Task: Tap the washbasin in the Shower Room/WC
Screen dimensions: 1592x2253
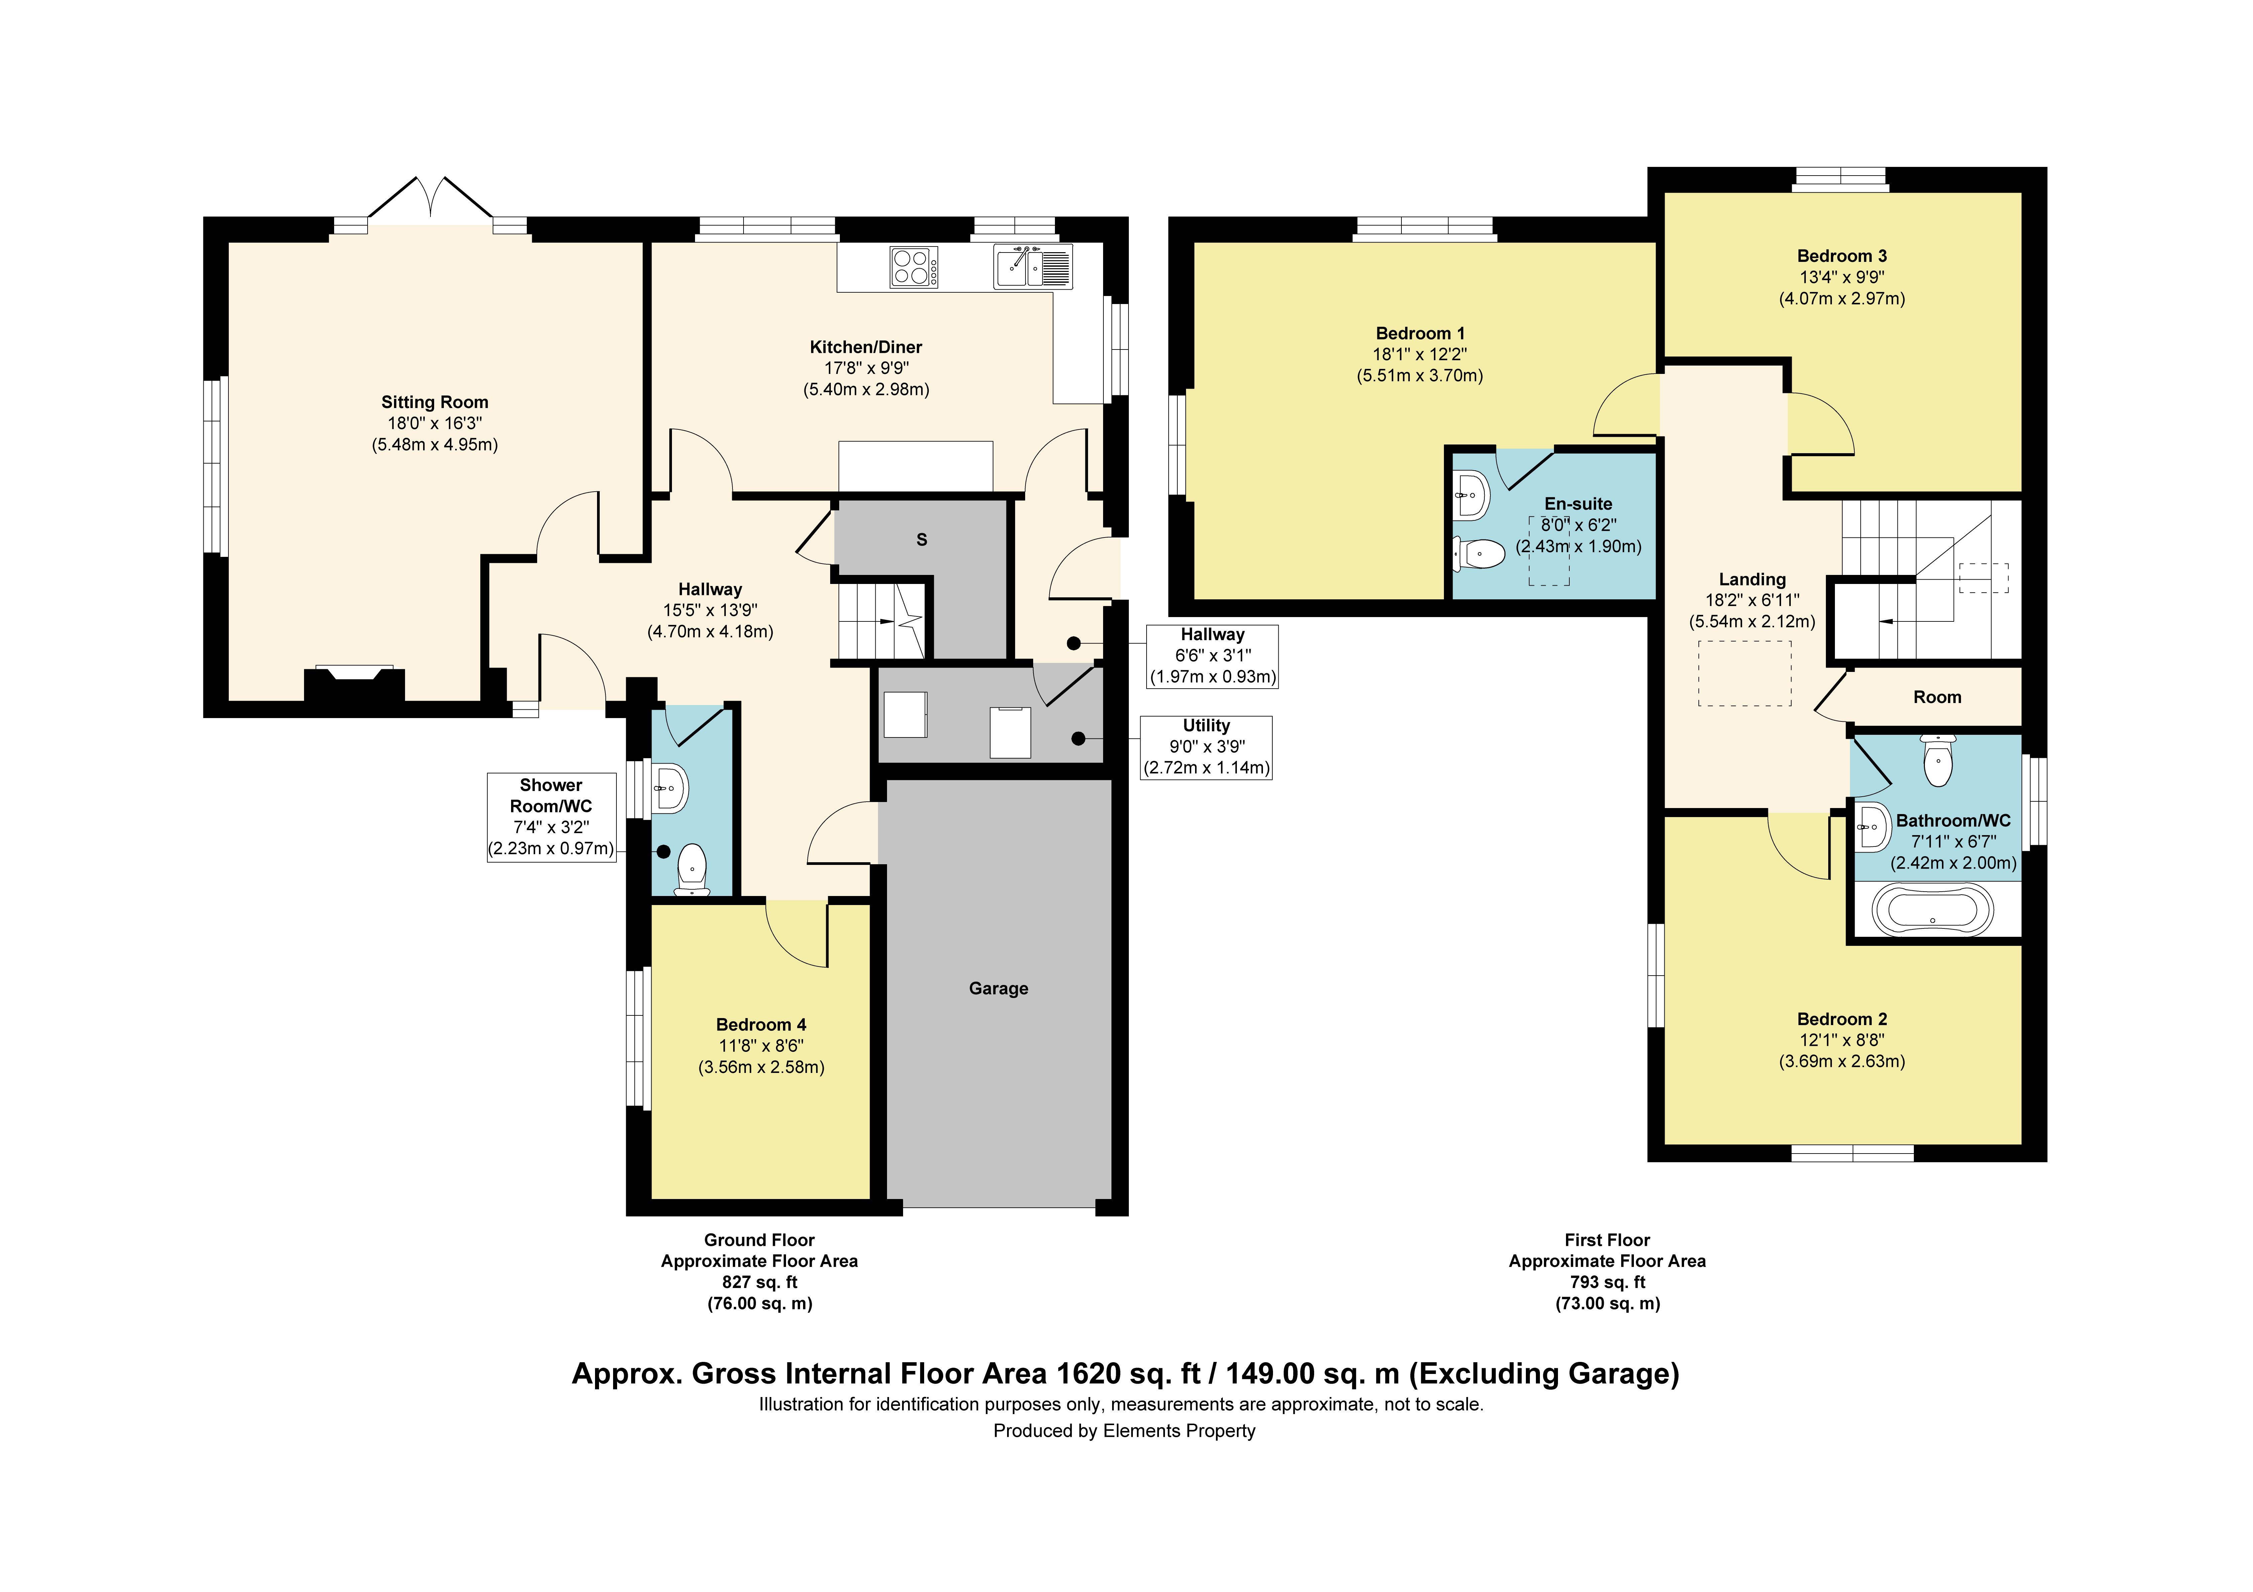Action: (x=670, y=787)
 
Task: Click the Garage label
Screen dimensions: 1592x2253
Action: (x=998, y=988)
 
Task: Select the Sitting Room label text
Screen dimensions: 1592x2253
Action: (x=435, y=402)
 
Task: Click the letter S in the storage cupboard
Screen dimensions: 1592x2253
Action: (x=921, y=540)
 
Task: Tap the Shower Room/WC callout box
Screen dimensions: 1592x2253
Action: (x=552, y=817)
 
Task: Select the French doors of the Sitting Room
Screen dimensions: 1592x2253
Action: (x=430, y=199)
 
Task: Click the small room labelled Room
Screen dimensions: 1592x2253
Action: (x=1936, y=697)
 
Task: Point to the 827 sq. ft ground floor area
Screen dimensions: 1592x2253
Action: (x=760, y=1282)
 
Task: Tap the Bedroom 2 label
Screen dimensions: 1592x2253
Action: (x=1841, y=1019)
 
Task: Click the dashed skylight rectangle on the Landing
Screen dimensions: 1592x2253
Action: (x=1745, y=673)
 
